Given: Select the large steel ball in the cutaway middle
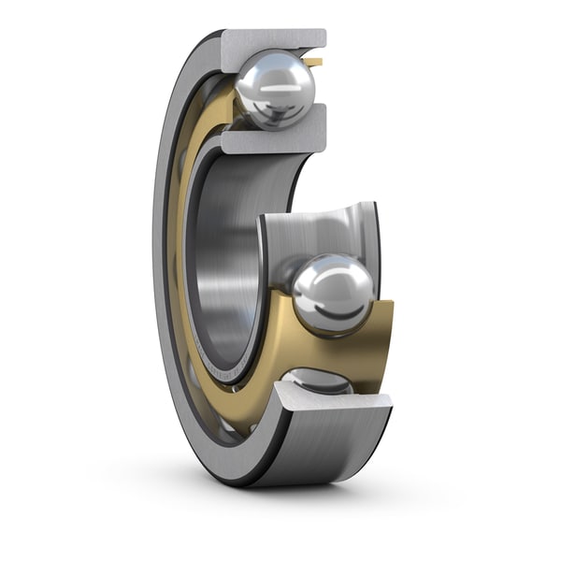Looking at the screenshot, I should [333, 294].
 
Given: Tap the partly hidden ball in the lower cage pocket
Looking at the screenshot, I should [318, 381].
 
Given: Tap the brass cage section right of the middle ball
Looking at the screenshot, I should [383, 337].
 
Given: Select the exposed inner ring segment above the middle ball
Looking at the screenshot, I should [318, 229].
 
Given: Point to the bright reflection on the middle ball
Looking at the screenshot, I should [327, 280].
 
